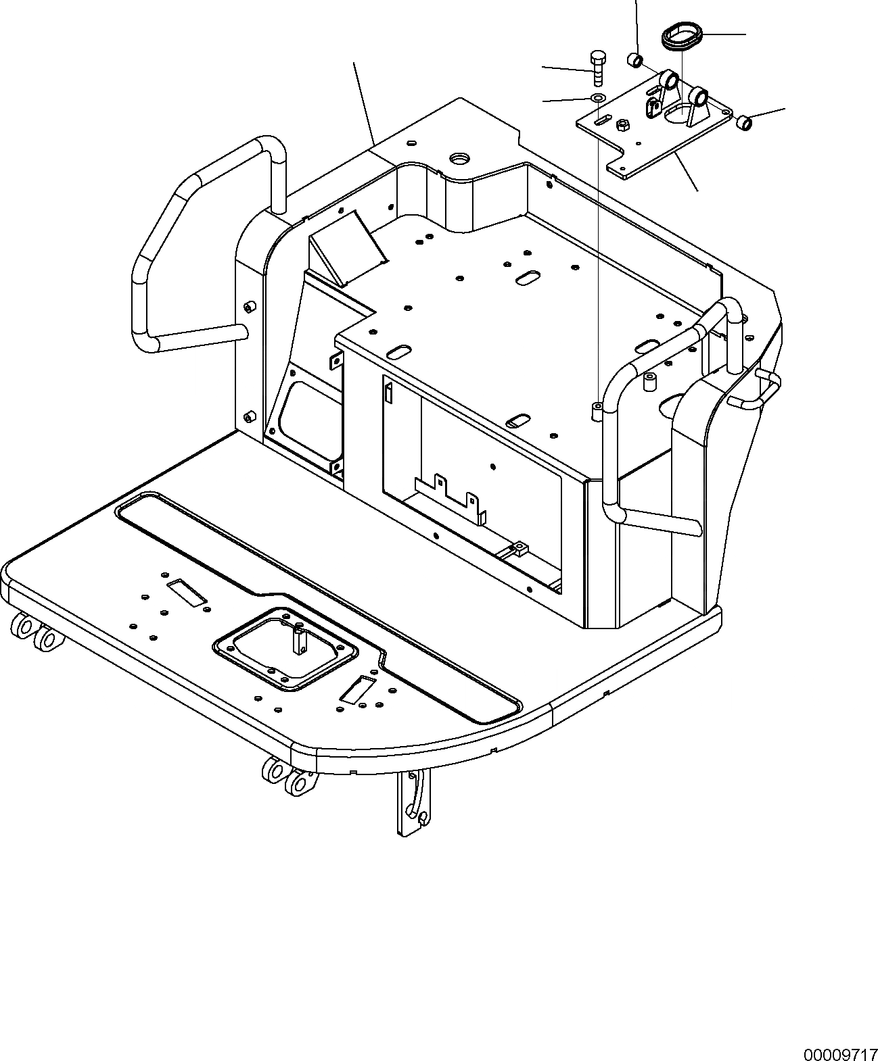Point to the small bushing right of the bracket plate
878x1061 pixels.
click(743, 122)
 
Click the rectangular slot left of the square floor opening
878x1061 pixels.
click(186, 591)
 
